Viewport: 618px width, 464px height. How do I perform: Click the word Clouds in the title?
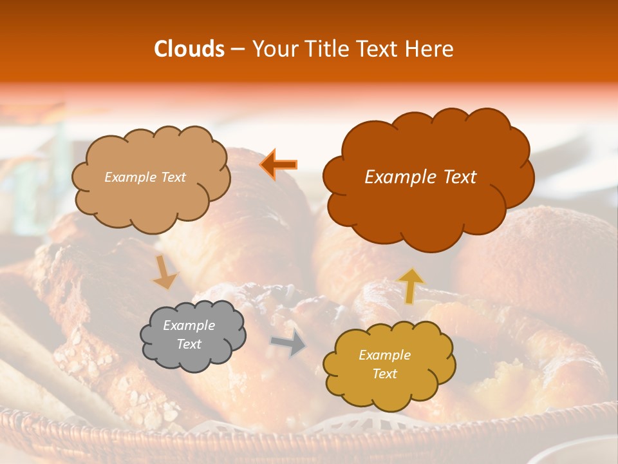(x=189, y=49)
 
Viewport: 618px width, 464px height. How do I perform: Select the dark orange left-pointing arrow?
(x=278, y=164)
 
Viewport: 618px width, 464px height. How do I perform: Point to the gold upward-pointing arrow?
(x=411, y=285)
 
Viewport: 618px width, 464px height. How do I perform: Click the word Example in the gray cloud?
(x=189, y=325)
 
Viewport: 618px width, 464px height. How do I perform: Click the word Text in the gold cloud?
(x=384, y=374)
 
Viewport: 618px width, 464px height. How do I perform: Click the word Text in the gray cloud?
(x=189, y=345)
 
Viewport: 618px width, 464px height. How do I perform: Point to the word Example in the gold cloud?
(x=384, y=355)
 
